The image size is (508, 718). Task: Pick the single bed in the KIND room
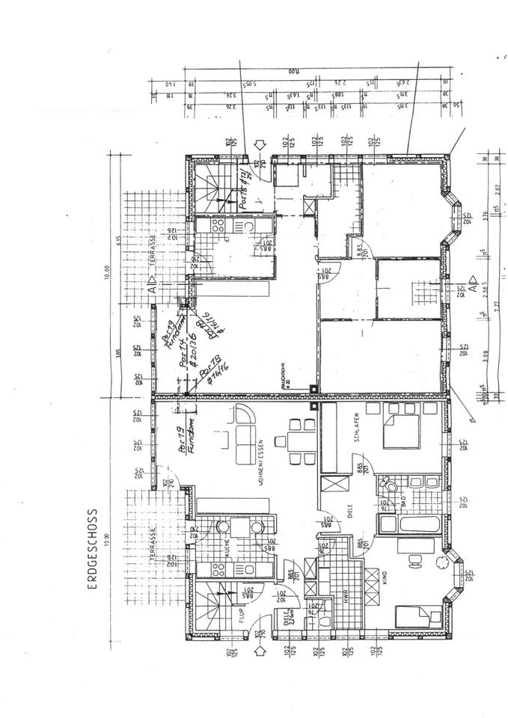click(x=414, y=616)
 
